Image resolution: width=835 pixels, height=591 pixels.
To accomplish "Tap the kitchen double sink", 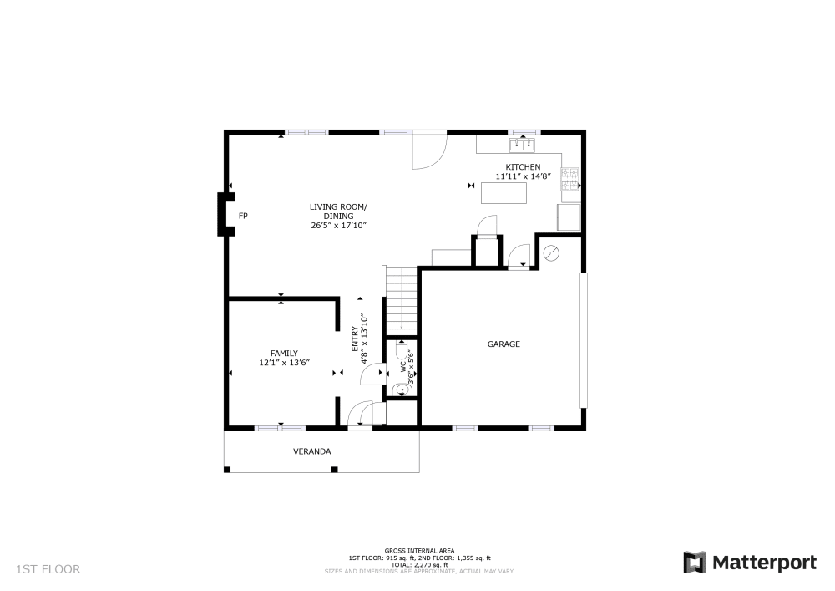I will pyautogui.click(x=524, y=145).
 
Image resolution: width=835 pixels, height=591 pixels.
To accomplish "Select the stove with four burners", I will pyautogui.click(x=569, y=179).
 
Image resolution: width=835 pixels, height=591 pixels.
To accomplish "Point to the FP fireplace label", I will pyautogui.click(x=243, y=216).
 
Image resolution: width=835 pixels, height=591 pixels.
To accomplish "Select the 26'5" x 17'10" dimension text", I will pyautogui.click(x=339, y=226).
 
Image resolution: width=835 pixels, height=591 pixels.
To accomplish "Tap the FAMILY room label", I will pyautogui.click(x=284, y=353).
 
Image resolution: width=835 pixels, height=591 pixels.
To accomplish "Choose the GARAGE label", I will pyautogui.click(x=504, y=344).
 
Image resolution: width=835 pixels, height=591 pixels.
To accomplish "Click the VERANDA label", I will pyautogui.click(x=311, y=451).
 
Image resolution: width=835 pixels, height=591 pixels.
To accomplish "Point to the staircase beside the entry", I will pyautogui.click(x=401, y=298).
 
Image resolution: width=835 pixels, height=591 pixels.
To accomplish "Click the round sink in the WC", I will pyautogui.click(x=402, y=389).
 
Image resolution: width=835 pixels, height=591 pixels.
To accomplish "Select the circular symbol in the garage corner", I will pyautogui.click(x=552, y=252).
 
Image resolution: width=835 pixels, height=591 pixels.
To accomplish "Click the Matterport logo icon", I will pyautogui.click(x=694, y=563).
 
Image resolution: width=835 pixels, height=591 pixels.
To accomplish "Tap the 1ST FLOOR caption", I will pyautogui.click(x=48, y=569).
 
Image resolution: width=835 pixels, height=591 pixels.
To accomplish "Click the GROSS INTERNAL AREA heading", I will pyautogui.click(x=419, y=551).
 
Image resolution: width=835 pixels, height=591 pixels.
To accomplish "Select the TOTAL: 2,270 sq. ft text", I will pyautogui.click(x=419, y=564).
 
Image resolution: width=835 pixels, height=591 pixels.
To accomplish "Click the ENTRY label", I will pyautogui.click(x=354, y=338).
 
